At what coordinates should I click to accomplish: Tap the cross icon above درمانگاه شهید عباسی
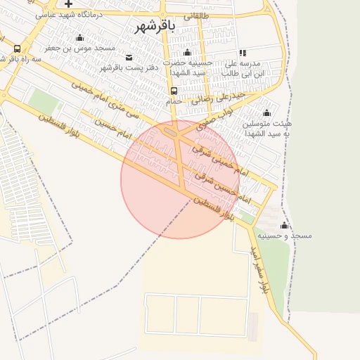point(68,4)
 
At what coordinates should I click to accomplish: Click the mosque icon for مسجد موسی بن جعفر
point(80,38)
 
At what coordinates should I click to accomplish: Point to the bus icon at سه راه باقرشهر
point(17,49)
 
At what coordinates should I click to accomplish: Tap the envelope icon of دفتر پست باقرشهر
point(128,57)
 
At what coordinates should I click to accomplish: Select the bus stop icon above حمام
point(174,91)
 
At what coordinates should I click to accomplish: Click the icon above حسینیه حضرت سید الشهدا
point(187,53)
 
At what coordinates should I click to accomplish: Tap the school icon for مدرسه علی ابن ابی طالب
point(243,53)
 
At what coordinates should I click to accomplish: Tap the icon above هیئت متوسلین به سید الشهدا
point(266,113)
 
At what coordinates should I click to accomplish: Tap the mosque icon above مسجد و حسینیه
point(284,225)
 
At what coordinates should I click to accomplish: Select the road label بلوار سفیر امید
point(257,268)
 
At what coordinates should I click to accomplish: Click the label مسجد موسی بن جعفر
point(80,49)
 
